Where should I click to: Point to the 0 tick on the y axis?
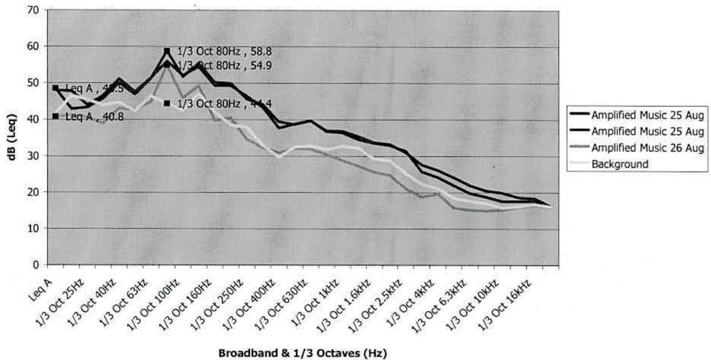[36, 265]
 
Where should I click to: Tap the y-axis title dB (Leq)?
[12, 137]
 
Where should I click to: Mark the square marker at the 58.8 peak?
[167, 51]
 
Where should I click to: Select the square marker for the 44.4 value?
[167, 104]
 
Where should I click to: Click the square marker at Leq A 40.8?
[55, 116]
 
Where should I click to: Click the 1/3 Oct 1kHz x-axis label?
[324, 294]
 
